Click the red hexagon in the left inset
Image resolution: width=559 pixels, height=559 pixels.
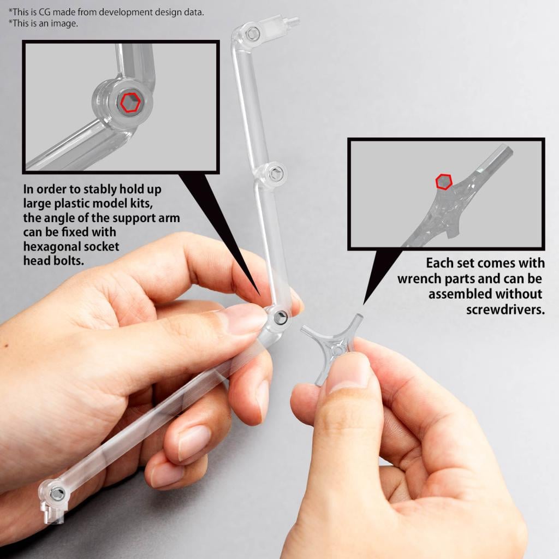tap(130, 103)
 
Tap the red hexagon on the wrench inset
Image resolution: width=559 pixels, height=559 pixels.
tap(444, 181)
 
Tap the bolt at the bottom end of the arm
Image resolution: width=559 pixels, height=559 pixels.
tap(57, 493)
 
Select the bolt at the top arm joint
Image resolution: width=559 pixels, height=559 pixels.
tap(252, 34)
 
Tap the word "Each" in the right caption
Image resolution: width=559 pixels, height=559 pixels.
tap(441, 263)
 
